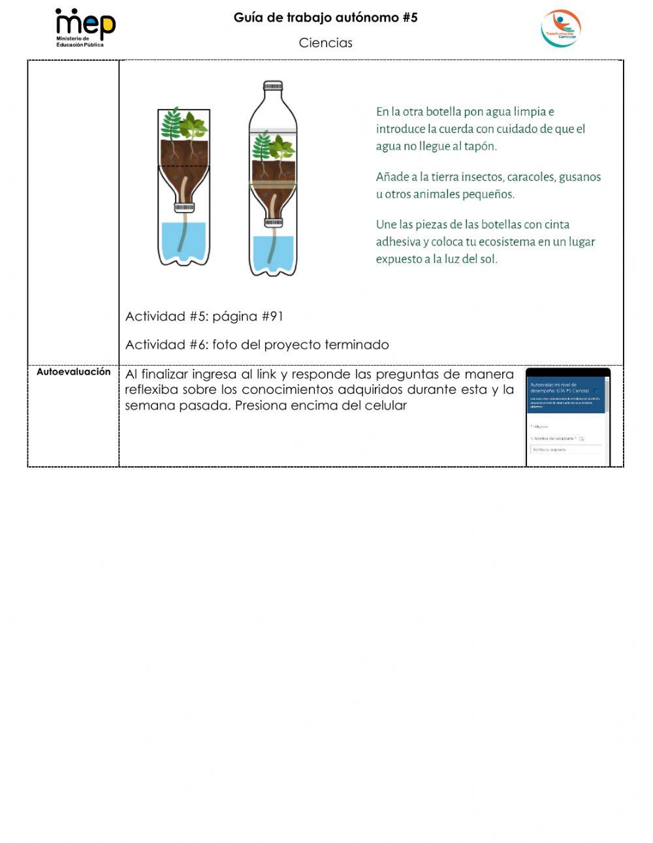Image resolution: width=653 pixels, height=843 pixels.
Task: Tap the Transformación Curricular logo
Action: [x=560, y=29]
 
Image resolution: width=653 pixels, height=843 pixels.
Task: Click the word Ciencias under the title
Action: [x=325, y=43]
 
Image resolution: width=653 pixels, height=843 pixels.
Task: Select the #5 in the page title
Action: [x=409, y=18]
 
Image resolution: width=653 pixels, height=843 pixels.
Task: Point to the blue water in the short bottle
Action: [x=183, y=238]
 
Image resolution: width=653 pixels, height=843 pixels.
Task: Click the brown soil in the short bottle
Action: [x=183, y=153]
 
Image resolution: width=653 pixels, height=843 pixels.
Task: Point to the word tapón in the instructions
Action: [x=480, y=146]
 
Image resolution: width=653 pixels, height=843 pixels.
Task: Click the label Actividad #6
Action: [x=166, y=345]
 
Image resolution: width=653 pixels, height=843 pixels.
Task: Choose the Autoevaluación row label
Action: [x=73, y=372]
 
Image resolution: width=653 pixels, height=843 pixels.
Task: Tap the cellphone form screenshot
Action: [x=567, y=418]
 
